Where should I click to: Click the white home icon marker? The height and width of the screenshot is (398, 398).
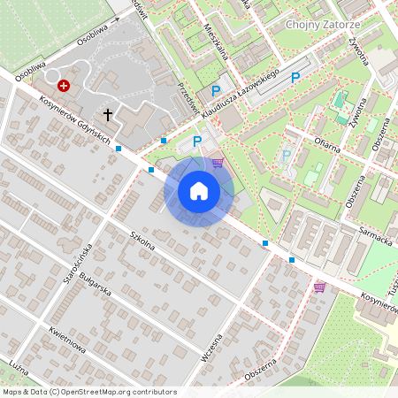[199, 190]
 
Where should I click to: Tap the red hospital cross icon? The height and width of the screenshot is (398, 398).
[64, 86]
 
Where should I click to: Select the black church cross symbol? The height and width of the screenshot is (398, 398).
[108, 114]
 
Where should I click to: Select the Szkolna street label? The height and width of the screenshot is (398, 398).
[142, 241]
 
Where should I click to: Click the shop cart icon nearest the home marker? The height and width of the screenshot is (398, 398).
[218, 163]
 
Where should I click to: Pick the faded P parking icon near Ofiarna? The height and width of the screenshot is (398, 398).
[286, 157]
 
